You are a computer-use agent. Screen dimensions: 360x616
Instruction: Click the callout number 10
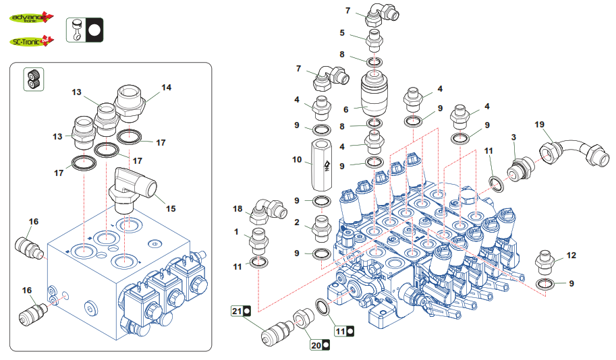coord(296,160)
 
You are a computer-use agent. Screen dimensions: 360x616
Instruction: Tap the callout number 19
coord(539,125)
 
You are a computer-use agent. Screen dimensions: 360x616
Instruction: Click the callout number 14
coord(166,87)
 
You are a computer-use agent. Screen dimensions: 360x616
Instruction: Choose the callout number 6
coord(347,109)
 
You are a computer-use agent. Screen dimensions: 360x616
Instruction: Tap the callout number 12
coord(571,256)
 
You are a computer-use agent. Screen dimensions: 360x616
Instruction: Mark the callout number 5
coord(342,32)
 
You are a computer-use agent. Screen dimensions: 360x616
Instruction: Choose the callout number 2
coord(296,222)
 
